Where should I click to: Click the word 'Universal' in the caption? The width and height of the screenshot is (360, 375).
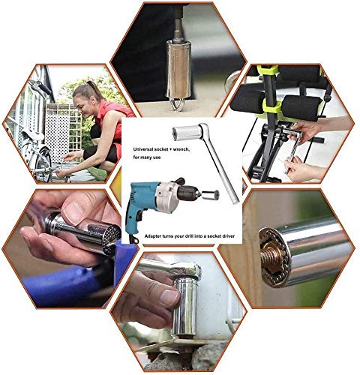point(142,149)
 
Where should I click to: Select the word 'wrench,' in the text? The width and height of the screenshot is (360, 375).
point(181,149)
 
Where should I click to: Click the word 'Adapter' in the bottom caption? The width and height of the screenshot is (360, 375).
point(153,236)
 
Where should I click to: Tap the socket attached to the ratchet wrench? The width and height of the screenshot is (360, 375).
point(186,133)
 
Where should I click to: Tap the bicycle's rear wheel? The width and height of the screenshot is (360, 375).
point(43,163)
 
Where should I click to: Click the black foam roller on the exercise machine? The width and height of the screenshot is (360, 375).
point(301,107)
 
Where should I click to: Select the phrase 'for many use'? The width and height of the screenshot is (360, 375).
point(147,157)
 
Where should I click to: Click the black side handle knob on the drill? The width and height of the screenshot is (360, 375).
point(179,181)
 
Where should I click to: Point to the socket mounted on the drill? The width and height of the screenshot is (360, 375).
point(211,195)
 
